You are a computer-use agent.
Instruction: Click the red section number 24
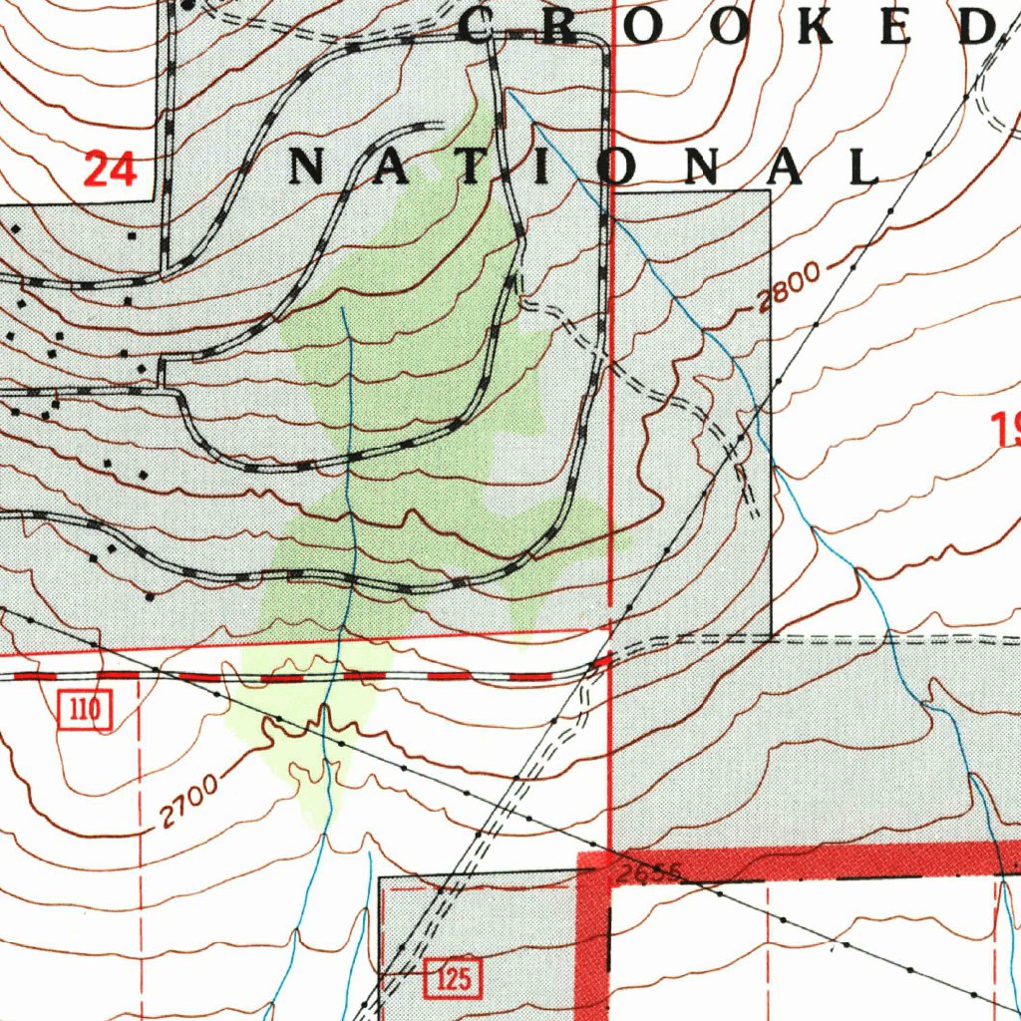[109, 169]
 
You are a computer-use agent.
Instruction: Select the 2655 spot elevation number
[647, 873]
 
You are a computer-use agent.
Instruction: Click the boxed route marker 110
[86, 711]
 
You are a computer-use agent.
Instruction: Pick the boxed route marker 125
[453, 979]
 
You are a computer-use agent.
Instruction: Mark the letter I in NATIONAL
[544, 169]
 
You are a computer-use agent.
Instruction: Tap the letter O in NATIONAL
[619, 169]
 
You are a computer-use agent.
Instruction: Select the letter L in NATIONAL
[861, 169]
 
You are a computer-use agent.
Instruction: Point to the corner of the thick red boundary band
[594, 866]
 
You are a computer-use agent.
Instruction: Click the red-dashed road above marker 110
[299, 677]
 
